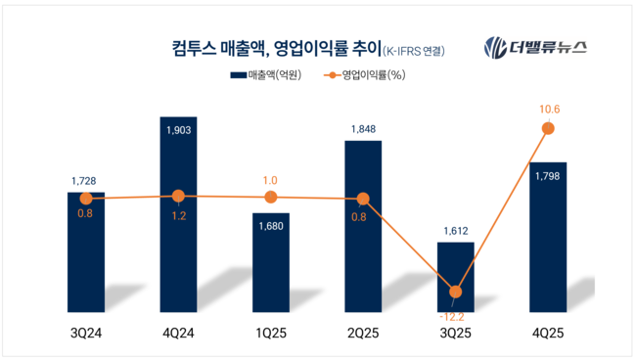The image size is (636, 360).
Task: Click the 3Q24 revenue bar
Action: click(x=86, y=248)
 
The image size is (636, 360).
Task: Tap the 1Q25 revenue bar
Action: click(x=271, y=259)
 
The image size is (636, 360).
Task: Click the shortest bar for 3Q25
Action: click(x=455, y=274)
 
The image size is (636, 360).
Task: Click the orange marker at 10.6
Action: click(x=547, y=128)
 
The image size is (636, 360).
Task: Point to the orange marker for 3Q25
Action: click(x=455, y=291)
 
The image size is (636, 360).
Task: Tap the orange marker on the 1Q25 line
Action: click(x=271, y=198)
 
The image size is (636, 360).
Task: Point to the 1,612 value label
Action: click(x=455, y=232)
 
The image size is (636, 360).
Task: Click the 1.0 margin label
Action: click(x=271, y=180)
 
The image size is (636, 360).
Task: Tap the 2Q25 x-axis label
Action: click(x=363, y=334)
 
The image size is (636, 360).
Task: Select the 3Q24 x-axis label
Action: click(x=86, y=334)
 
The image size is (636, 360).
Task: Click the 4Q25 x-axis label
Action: click(x=547, y=334)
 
